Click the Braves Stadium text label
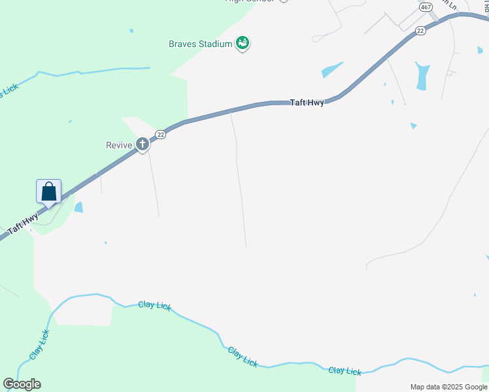(x=201, y=44)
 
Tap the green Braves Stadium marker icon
(x=243, y=44)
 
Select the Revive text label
(x=119, y=145)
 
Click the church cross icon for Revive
(x=143, y=144)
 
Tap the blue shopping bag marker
(x=48, y=192)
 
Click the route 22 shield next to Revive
(x=160, y=134)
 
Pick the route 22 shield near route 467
(x=420, y=31)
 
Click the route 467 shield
(x=426, y=7)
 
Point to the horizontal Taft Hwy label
(x=307, y=103)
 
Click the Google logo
(x=22, y=384)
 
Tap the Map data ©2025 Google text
(x=448, y=387)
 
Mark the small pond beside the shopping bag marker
(x=79, y=208)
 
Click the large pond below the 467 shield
(x=422, y=76)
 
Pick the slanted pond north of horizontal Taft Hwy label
(x=331, y=70)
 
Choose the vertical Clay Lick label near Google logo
(x=39, y=344)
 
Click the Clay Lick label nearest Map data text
(x=345, y=371)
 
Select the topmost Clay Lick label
(x=155, y=305)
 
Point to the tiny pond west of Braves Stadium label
(x=131, y=30)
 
